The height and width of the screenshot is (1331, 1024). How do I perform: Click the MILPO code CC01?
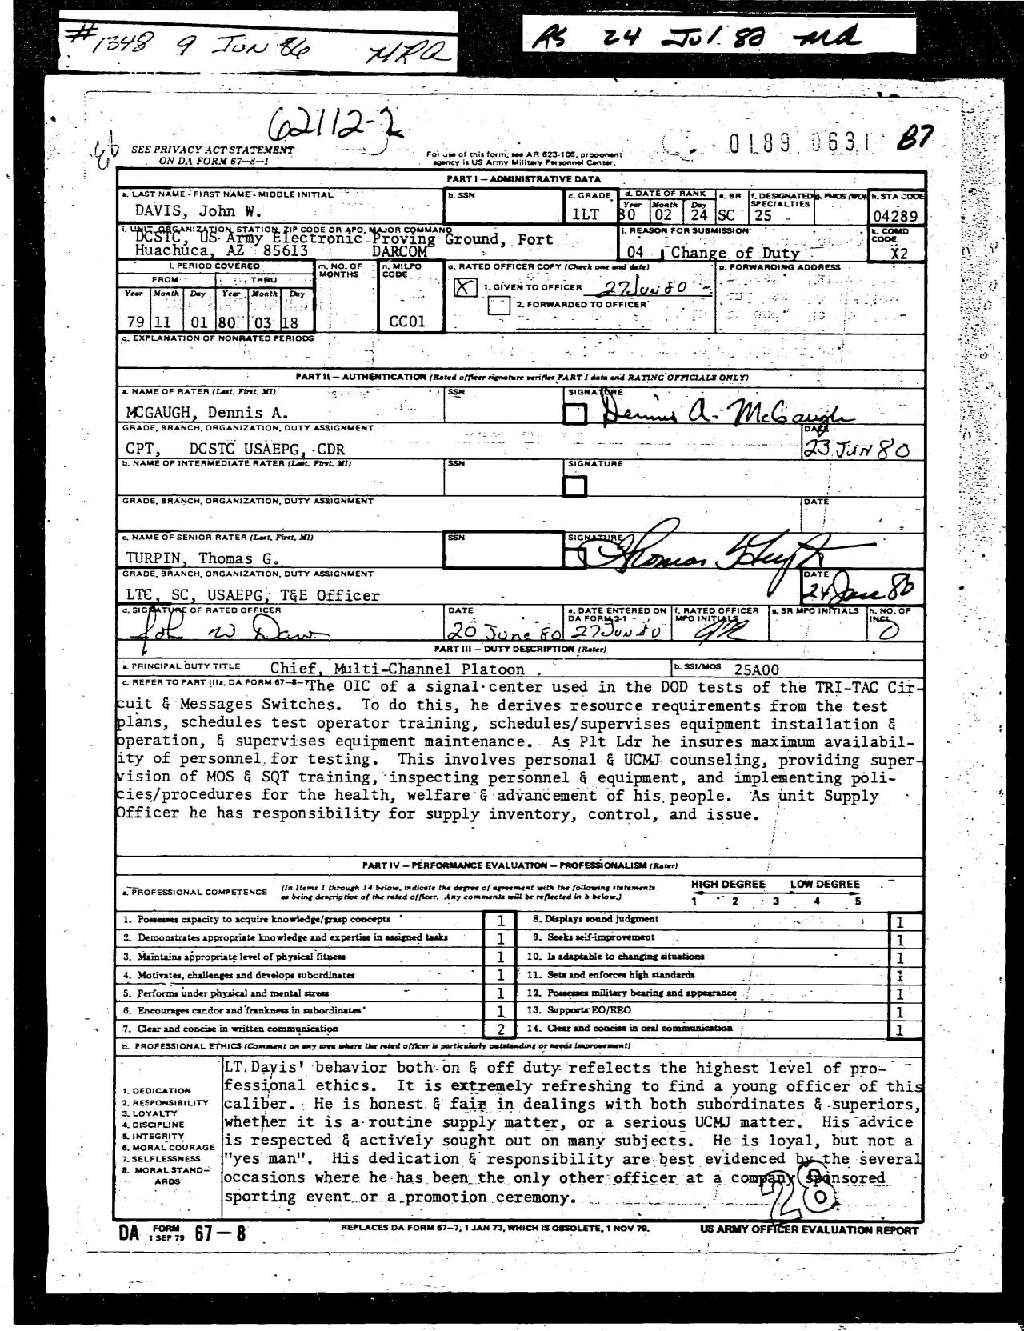coord(407,322)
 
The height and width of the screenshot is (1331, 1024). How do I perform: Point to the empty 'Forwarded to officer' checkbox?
coord(499,305)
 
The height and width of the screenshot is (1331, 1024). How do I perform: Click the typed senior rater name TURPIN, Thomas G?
coord(200,558)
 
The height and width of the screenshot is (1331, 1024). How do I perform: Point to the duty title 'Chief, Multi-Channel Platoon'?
coord(397,669)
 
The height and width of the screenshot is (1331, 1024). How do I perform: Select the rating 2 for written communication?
coord(501,1029)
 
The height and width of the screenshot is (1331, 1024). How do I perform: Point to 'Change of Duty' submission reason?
coord(735,253)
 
